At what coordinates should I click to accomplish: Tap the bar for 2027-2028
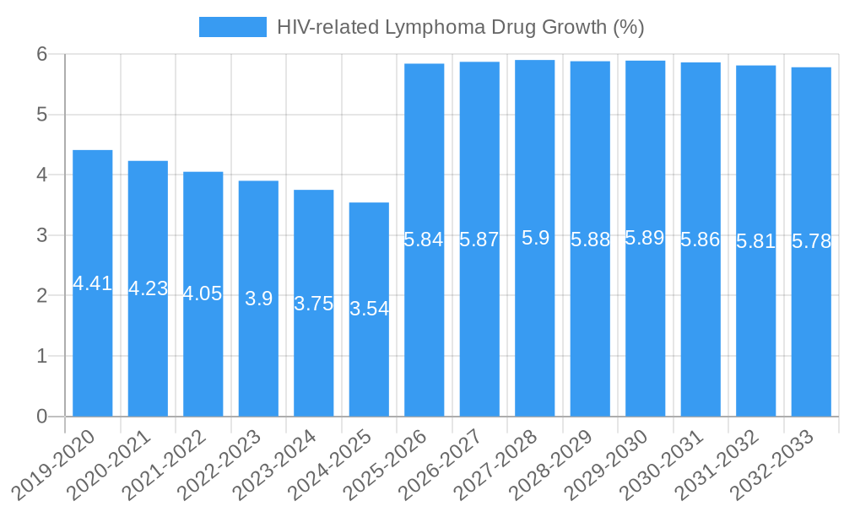(535, 337)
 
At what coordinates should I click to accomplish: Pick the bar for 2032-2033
(811, 337)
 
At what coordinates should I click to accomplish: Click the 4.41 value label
(93, 283)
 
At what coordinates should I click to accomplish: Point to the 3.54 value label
(369, 309)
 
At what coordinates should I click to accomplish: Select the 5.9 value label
(535, 238)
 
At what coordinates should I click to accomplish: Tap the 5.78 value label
(811, 241)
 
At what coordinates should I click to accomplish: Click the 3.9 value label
(258, 298)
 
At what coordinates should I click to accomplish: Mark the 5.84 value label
(424, 240)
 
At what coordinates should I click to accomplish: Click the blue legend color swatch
(232, 27)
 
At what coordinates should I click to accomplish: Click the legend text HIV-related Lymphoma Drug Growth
(460, 27)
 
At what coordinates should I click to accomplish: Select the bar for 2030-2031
(701, 337)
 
